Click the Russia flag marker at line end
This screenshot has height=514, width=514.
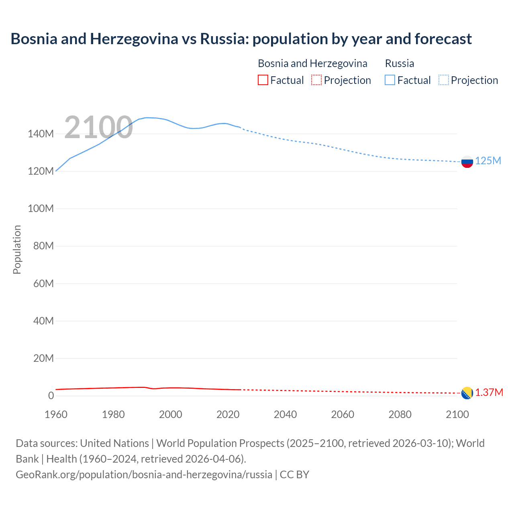pos(467,162)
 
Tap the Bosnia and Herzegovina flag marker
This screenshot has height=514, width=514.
pos(467,393)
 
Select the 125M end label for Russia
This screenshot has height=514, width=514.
pos(488,161)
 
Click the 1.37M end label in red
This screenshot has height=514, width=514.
pos(489,392)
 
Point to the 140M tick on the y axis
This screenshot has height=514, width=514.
pos(41,134)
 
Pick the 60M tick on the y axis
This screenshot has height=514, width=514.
pos(43,284)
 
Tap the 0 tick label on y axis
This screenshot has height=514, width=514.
pos(51,396)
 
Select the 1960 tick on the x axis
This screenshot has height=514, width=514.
pos(56,414)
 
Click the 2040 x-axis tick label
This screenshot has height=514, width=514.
pos(285,414)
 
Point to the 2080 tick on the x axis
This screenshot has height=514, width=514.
pos(400,414)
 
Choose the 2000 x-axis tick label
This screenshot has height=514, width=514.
pos(171,414)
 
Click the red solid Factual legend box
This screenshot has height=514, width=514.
pos(263,80)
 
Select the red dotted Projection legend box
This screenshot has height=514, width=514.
pos(316,80)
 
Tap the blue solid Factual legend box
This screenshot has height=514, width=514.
pos(390,80)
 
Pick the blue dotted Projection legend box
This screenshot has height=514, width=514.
pos(444,80)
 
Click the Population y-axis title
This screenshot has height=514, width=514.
pos(17,249)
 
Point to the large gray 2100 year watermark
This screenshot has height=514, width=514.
pos(98,127)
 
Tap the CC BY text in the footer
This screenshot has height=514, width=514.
pos(294,474)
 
